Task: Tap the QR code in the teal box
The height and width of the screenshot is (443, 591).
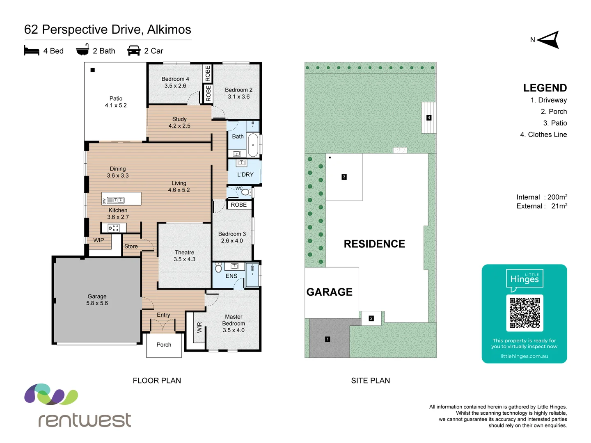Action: pos(525,313)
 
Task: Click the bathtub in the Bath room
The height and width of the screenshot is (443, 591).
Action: pos(253,145)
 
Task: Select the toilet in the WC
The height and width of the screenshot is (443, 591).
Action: pos(245,192)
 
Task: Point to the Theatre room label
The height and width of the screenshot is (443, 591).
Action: pos(184,256)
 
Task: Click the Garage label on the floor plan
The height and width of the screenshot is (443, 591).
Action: pos(97,299)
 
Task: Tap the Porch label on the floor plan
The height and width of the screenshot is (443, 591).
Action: pos(164,345)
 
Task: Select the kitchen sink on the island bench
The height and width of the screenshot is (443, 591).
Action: pos(116,200)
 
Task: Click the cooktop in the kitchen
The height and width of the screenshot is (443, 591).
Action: pos(113,228)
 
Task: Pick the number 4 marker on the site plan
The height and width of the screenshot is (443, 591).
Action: pos(429,118)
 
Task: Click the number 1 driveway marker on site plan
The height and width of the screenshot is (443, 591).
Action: pos(328,339)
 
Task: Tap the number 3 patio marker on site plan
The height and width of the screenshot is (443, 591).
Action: pos(344,177)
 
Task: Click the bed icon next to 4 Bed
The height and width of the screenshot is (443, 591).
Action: pos(32,50)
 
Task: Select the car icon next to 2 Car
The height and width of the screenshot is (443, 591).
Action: pos(134,50)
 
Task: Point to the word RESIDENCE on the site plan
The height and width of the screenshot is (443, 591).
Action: pos(374,244)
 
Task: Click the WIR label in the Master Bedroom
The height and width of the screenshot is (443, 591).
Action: pos(199,327)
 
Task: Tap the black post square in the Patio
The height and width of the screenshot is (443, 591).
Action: pos(93,70)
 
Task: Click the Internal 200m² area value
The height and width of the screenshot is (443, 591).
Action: pos(557,197)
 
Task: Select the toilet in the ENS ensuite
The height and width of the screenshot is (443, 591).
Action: pos(218,268)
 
